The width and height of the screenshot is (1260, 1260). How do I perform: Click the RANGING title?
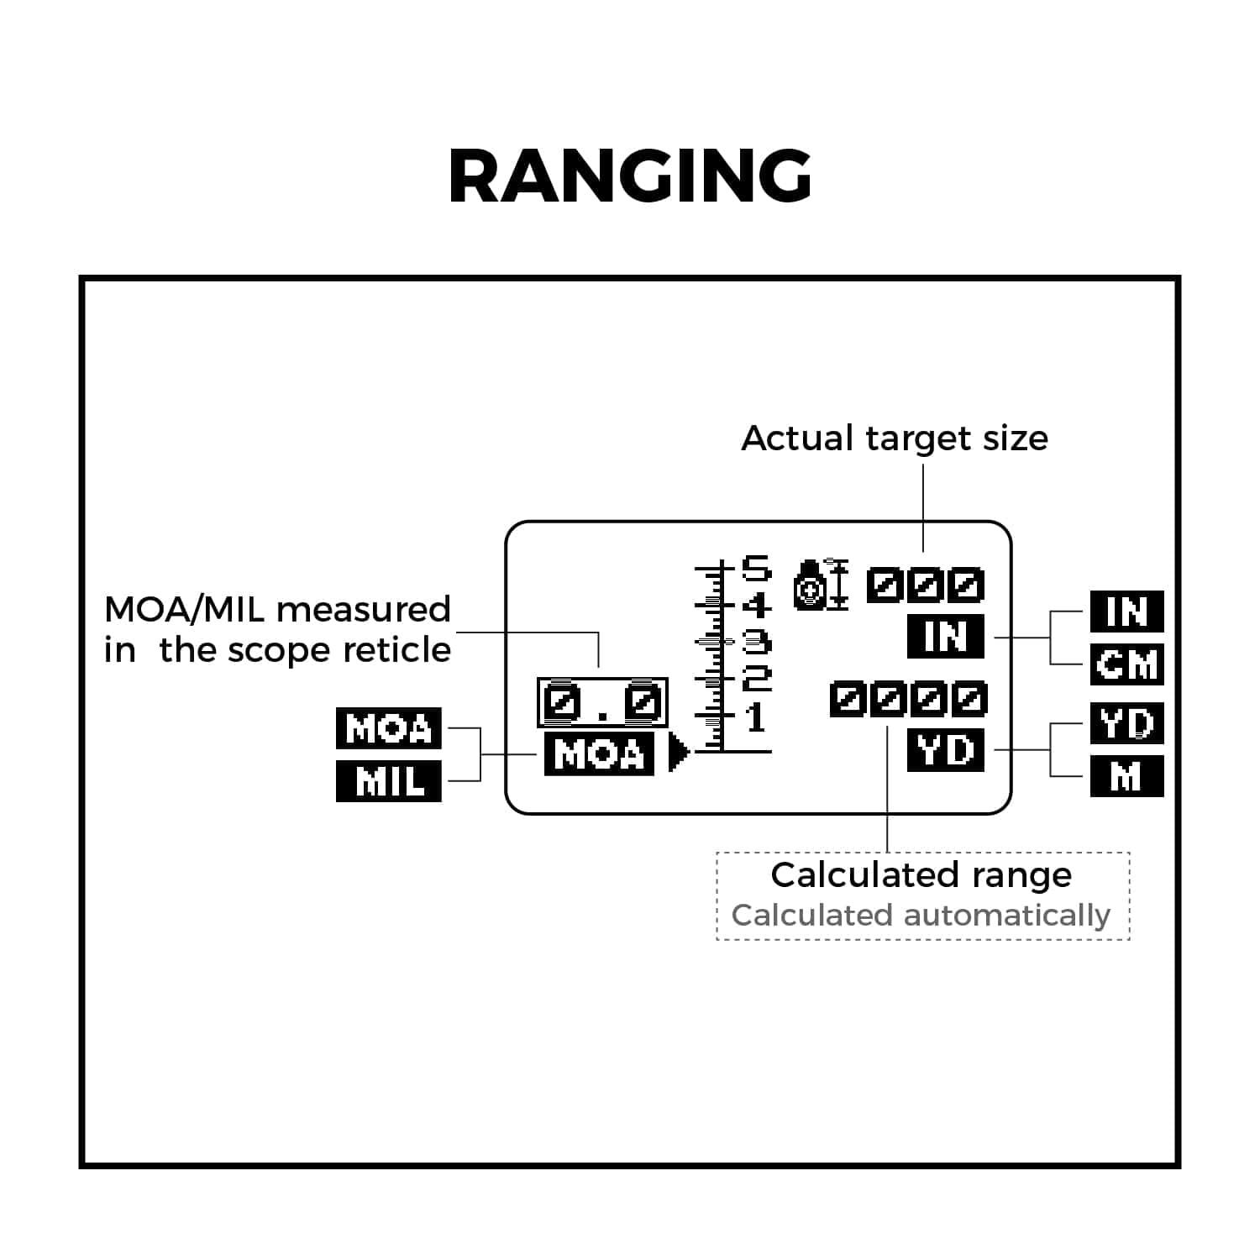(630, 176)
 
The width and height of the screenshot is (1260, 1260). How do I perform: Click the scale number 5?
(755, 570)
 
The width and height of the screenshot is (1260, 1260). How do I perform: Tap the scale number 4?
(756, 605)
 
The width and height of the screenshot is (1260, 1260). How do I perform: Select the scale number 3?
(756, 643)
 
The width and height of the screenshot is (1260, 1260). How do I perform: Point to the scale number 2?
(756, 677)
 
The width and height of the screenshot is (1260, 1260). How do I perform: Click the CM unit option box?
(1126, 664)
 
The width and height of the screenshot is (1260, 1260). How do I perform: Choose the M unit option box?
(1126, 776)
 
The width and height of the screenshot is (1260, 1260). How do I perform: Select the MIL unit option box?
(388, 781)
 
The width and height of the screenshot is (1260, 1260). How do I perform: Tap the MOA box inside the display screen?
(599, 753)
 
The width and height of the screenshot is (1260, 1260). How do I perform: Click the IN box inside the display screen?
(946, 636)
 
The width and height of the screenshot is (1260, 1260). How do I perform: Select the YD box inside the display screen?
(946, 750)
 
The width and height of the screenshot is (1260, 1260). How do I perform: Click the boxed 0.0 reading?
(602, 702)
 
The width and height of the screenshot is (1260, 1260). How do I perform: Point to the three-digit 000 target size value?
(925, 585)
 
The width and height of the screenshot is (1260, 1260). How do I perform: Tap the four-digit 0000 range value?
(908, 699)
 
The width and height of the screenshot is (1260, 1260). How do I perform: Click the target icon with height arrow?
(821, 584)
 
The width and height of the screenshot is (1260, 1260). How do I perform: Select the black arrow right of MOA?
(678, 753)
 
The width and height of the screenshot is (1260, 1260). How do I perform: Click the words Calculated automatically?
(921, 915)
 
